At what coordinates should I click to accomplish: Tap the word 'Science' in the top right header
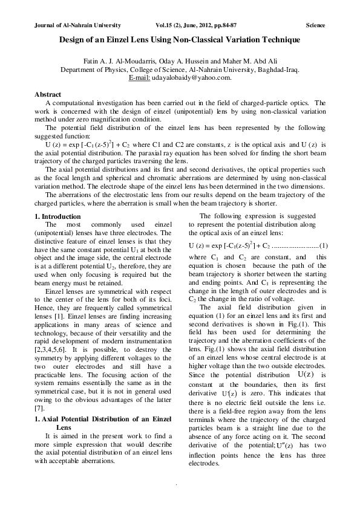click(x=315, y=25)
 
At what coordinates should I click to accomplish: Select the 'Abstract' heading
click(x=48, y=95)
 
